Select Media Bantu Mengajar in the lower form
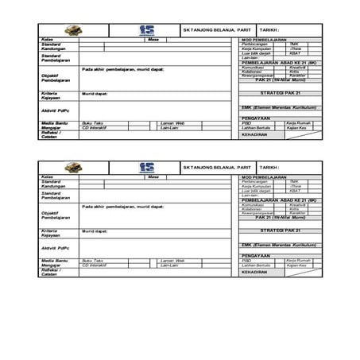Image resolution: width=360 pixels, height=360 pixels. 53,263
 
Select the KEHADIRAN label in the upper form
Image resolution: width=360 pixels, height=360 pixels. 254,134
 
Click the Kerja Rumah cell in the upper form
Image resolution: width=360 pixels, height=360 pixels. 296,123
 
